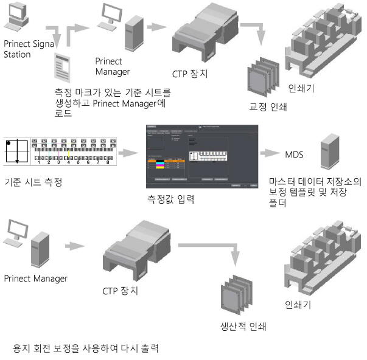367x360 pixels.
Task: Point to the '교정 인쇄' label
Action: pyautogui.click(x=268, y=106)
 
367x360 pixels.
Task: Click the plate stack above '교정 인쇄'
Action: pyautogui.click(x=261, y=78)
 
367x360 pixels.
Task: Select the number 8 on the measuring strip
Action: pyautogui.click(x=108, y=162)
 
